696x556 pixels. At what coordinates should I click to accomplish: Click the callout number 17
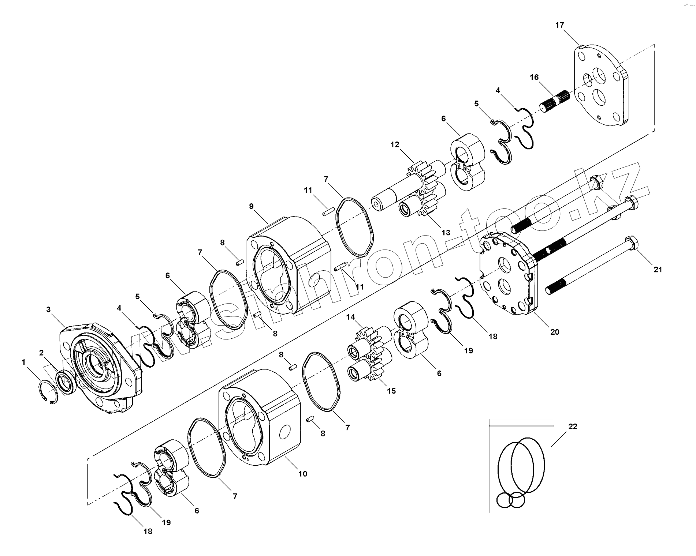(560, 25)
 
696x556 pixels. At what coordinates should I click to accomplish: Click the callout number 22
(573, 427)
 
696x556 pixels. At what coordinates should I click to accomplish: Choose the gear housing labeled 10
(260, 417)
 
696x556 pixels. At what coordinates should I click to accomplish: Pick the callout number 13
(446, 232)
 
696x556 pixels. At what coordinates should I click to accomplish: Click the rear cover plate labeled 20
(509, 274)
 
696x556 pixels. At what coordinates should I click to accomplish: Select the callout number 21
(658, 270)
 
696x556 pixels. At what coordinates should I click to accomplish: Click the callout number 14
(351, 317)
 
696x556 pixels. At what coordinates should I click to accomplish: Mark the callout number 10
(302, 474)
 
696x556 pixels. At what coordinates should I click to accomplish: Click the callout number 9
(251, 206)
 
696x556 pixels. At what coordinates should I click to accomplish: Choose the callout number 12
(395, 144)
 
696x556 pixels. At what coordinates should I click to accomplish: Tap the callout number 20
(555, 332)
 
